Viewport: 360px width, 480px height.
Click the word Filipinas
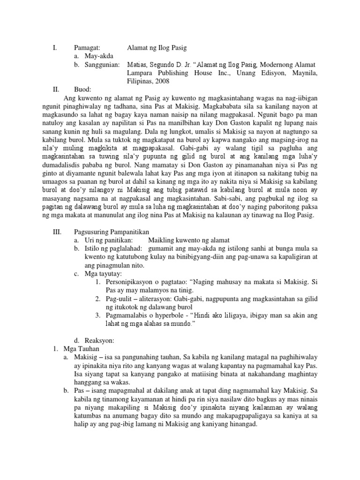(x=139, y=81)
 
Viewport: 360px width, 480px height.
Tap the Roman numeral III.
(x=55, y=231)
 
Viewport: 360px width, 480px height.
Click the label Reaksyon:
(x=97, y=339)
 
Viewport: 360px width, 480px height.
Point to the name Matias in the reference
(x=138, y=64)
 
